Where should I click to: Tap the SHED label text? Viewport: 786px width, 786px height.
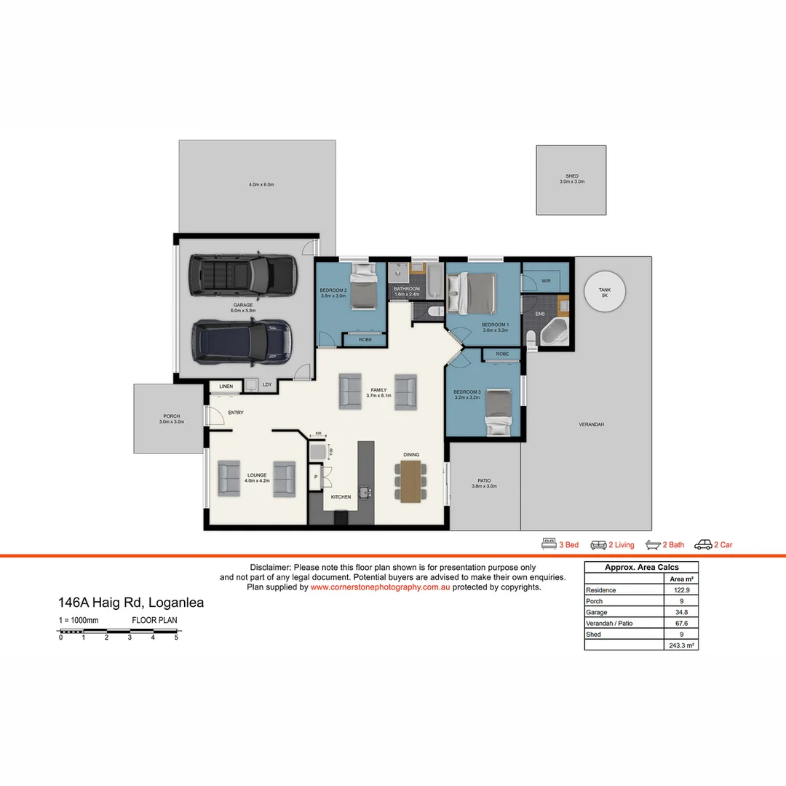click(x=571, y=176)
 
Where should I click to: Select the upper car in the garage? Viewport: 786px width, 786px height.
click(x=242, y=274)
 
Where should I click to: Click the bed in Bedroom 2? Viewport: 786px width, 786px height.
click(x=362, y=287)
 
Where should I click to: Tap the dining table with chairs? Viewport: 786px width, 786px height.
click(x=411, y=480)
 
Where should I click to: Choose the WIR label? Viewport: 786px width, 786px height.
click(x=546, y=281)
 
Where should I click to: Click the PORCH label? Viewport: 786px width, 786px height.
click(x=171, y=416)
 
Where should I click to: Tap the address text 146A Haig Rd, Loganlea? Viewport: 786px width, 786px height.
click(x=131, y=603)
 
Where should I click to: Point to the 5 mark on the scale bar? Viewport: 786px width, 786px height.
click(x=176, y=638)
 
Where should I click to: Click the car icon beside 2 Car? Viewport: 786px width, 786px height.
click(x=703, y=544)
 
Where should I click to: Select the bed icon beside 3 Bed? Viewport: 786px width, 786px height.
click(x=549, y=544)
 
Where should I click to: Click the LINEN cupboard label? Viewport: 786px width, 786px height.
click(x=226, y=386)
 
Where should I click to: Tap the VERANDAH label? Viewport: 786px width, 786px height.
click(x=591, y=424)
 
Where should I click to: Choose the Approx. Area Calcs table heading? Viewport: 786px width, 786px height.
click(x=641, y=568)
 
